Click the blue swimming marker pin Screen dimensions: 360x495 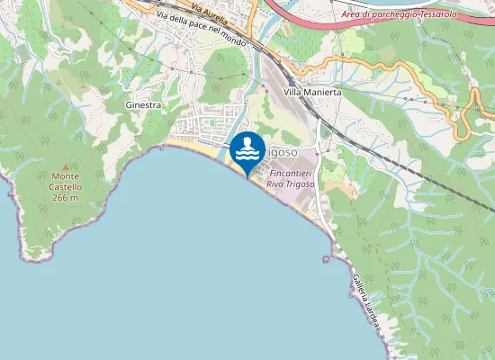click(x=247, y=149)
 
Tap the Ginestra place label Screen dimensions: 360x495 click(x=143, y=105)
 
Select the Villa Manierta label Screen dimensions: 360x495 click(x=311, y=93)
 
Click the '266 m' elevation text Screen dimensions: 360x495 click(x=67, y=197)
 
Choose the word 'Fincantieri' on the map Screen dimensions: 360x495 click(x=290, y=172)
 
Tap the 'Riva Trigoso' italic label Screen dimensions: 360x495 click(x=290, y=184)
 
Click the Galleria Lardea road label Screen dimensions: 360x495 click(x=365, y=298)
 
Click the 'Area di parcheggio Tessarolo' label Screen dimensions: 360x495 click(x=399, y=14)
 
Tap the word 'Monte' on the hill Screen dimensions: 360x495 click(x=66, y=176)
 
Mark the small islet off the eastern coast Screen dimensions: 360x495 click(x=324, y=259)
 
